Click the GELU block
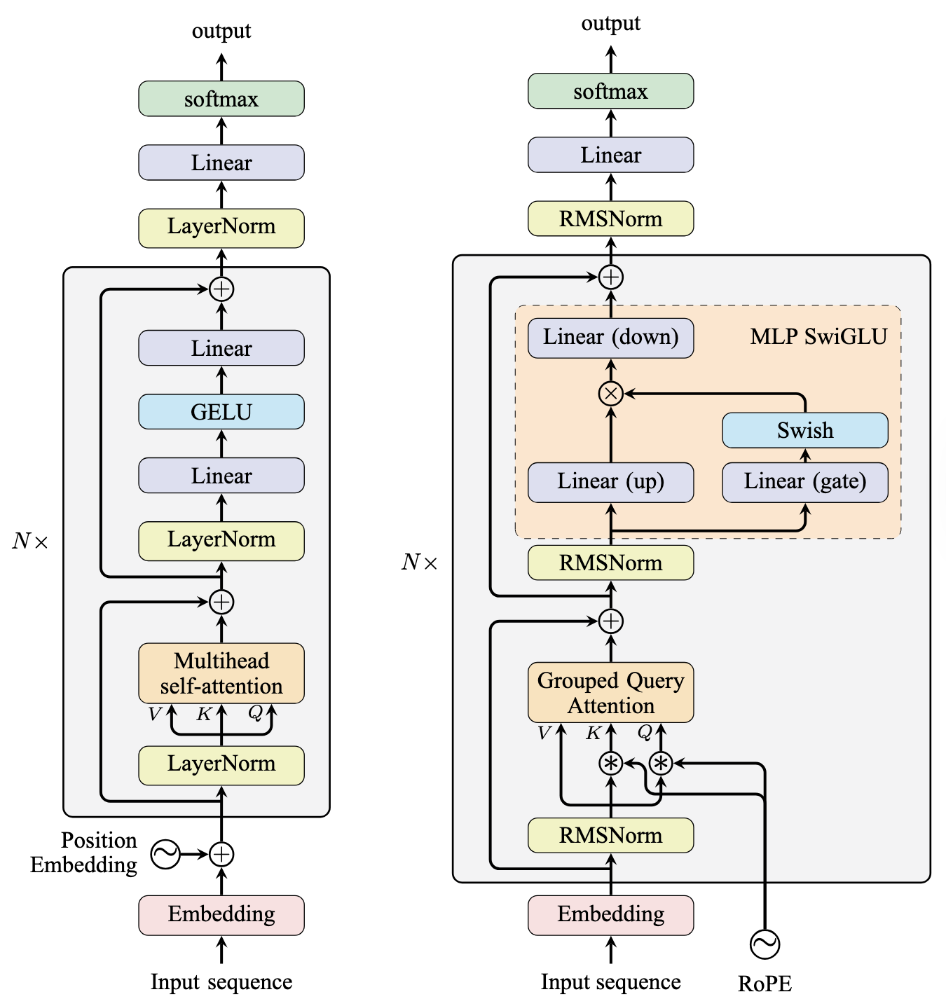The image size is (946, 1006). (221, 412)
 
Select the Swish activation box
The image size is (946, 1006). (805, 430)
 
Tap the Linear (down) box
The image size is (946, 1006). (610, 338)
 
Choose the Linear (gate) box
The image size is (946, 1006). (805, 482)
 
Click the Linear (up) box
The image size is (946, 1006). (610, 482)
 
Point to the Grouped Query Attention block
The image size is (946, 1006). (610, 693)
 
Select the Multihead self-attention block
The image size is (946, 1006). (221, 673)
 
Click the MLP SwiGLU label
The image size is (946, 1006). (818, 337)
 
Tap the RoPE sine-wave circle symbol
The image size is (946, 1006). (765, 944)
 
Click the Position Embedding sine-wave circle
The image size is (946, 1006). (166, 854)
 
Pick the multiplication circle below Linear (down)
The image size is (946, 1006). (610, 394)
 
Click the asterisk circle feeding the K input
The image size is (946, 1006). (611, 763)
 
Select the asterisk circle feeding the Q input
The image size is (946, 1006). (661, 763)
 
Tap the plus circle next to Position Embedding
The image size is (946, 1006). (221, 854)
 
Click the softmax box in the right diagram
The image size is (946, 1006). (610, 92)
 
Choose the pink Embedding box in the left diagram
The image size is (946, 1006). (221, 915)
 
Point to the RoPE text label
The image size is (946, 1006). (765, 984)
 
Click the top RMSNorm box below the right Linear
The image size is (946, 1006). (610, 219)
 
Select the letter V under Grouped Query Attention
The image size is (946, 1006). (544, 733)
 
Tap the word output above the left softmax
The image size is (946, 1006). (221, 31)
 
